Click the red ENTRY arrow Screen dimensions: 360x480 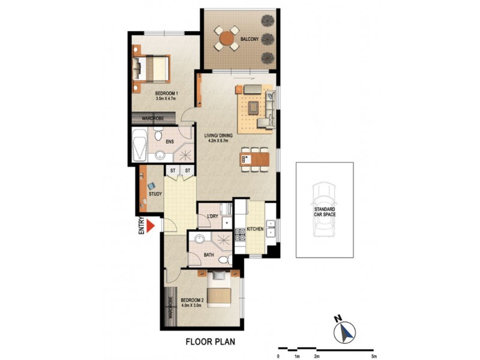[x=151, y=224]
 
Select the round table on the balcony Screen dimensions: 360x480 [x=227, y=39]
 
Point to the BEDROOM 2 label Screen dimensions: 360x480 [x=194, y=299]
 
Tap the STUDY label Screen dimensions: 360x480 [x=155, y=193]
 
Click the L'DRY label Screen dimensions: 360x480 [x=212, y=216]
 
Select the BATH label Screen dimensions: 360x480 [x=209, y=255]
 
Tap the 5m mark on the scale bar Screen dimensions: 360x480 [x=373, y=357]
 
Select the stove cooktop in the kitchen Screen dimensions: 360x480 [x=241, y=234]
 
